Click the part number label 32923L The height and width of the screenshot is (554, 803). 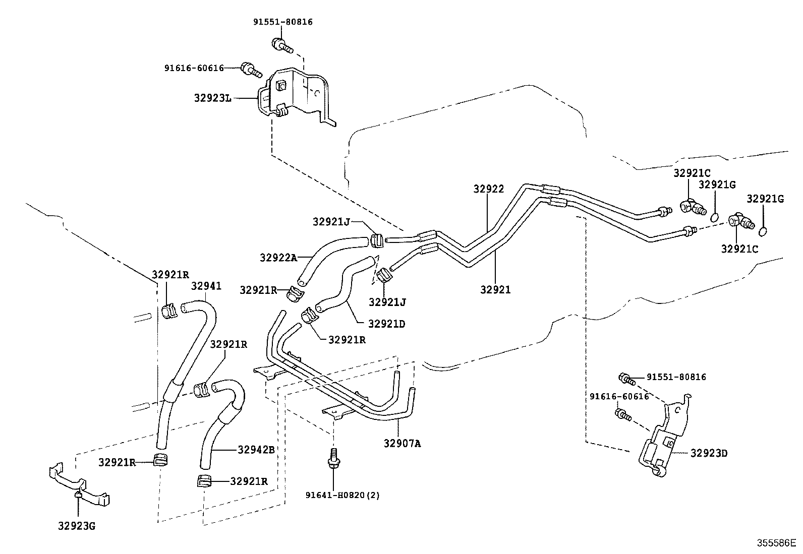[x=212, y=98]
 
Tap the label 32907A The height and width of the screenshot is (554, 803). [x=402, y=444]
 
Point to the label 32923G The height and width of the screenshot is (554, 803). [x=77, y=526]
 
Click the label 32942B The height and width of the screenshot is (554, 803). [x=256, y=450]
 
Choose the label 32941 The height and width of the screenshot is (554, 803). [x=206, y=286]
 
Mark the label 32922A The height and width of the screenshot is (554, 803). [x=278, y=258]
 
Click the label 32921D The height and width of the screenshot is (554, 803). [x=387, y=324]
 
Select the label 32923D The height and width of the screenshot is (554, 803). [x=709, y=453]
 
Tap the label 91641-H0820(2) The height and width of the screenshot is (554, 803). [x=342, y=495]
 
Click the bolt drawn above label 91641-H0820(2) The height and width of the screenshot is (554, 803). [x=333, y=459]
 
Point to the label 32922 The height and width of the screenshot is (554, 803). [x=489, y=189]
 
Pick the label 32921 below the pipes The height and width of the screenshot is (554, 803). [x=495, y=289]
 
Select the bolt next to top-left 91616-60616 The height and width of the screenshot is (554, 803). [x=251, y=70]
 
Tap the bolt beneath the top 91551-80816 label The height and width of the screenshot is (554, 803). [x=282, y=45]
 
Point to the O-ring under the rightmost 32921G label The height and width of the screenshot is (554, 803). [x=763, y=232]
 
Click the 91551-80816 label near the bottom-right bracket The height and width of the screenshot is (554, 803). [x=676, y=377]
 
